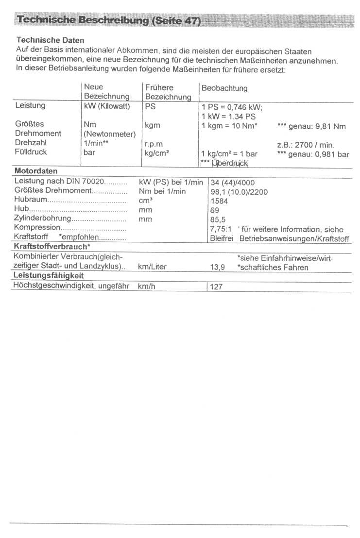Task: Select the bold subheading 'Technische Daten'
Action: pyautogui.click(x=50, y=40)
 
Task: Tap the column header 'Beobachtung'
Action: pyautogui.click(x=224, y=88)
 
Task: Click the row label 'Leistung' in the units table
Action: pyautogui.click(x=30, y=105)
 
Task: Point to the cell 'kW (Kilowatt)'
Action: pyautogui.click(x=107, y=106)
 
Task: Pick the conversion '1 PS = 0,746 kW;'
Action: pyautogui.click(x=232, y=107)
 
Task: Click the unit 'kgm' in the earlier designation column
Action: pyautogui.click(x=152, y=125)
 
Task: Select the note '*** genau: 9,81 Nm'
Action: pyautogui.click(x=311, y=126)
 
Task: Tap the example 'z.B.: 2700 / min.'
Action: pyautogui.click(x=306, y=145)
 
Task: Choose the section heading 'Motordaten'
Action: pyautogui.click(x=36, y=171)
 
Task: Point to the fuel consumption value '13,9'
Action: pyautogui.click(x=217, y=268)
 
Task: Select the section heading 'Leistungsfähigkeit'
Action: pyautogui.click(x=48, y=276)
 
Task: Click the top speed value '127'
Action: pyautogui.click(x=216, y=286)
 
